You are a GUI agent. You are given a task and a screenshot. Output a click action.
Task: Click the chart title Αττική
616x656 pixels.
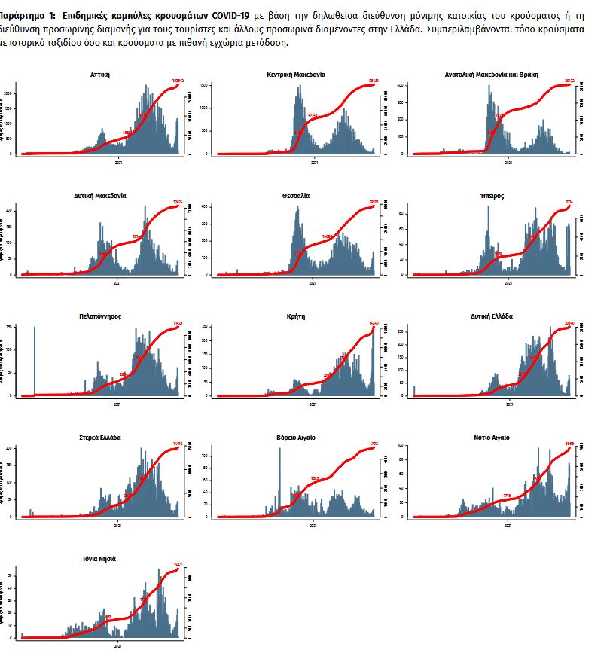click(x=99, y=75)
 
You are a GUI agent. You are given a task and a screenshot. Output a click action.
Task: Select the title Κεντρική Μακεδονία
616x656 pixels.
click(x=296, y=75)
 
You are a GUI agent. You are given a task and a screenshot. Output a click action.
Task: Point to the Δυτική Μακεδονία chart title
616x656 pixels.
click(x=99, y=196)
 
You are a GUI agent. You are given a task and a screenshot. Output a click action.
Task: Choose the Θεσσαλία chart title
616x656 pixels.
click(x=296, y=196)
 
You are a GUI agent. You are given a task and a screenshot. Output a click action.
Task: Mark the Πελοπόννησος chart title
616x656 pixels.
click(x=99, y=316)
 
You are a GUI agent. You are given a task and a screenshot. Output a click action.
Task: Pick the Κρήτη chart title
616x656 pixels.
click(x=296, y=316)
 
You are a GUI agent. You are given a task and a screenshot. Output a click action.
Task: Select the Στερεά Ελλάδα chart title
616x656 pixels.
click(x=99, y=438)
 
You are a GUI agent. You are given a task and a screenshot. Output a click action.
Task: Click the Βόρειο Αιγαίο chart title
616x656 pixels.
click(x=296, y=438)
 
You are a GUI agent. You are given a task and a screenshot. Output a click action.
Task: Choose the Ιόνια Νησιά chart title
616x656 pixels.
click(x=99, y=559)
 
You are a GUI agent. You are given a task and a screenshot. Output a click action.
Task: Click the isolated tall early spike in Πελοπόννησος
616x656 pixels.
click(x=35, y=362)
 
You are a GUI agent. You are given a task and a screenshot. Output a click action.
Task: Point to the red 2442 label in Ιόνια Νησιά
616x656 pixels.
click(x=178, y=564)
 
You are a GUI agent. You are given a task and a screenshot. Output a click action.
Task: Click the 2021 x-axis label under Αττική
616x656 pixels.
click(x=118, y=161)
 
